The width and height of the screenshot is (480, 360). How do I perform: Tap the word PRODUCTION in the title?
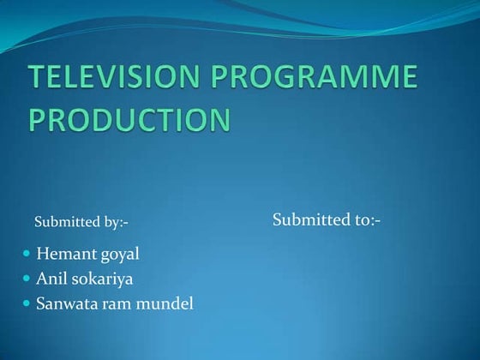pos(129,118)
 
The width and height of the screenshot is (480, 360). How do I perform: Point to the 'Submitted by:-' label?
pos(81,223)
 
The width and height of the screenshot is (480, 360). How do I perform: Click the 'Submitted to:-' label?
pos(327,220)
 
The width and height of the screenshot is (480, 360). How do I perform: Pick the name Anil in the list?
pos(50,279)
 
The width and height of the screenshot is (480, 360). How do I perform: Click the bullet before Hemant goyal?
pos(26,255)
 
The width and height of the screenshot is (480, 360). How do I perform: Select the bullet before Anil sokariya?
pos(26,279)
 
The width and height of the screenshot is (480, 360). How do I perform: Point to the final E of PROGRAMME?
pos(407,79)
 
